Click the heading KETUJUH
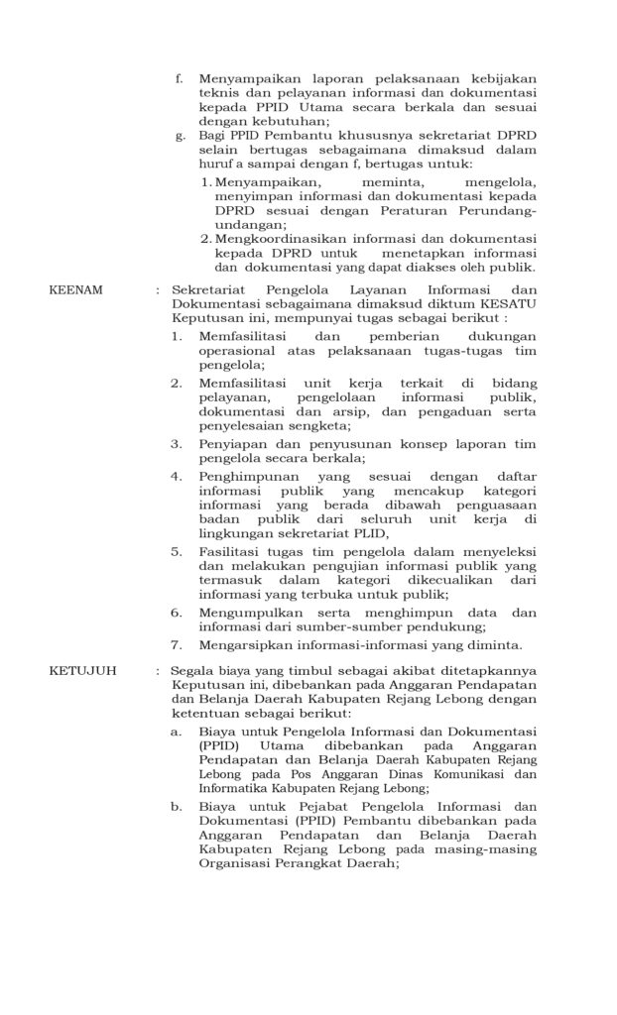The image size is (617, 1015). (82, 671)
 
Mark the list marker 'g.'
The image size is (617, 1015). (180, 135)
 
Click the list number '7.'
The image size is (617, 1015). (175, 643)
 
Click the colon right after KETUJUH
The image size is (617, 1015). (158, 671)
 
